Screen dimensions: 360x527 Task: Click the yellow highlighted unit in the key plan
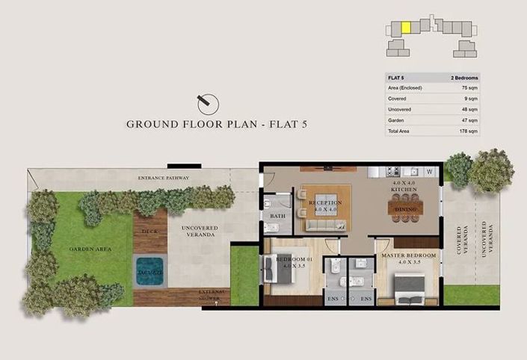[406, 28]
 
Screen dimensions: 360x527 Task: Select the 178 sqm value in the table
[469, 131]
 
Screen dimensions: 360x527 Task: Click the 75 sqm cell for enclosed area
[469, 88]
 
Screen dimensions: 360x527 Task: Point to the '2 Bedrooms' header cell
[464, 78]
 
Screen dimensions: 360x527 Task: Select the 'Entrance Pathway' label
[163, 179]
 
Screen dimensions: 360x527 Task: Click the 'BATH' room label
[278, 216]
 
